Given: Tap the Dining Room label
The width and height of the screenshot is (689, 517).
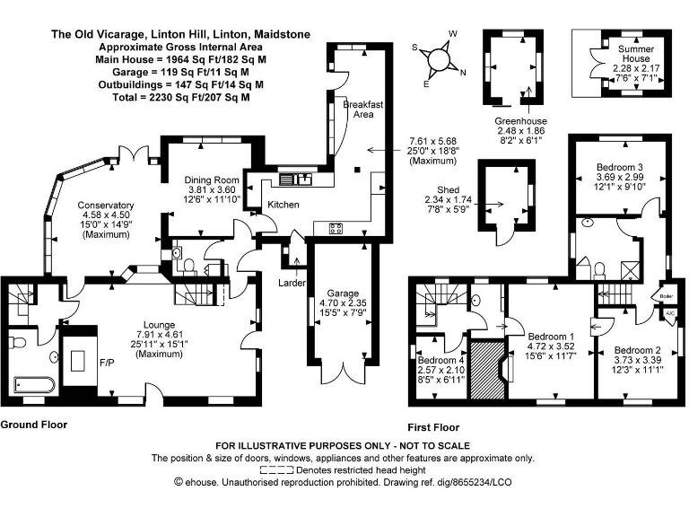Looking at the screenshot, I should point(212,179).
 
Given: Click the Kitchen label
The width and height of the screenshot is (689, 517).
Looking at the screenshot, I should point(283,206).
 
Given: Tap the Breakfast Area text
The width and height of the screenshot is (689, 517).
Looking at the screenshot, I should point(363,110).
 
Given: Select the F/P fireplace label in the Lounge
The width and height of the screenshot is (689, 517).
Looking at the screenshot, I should point(106,364).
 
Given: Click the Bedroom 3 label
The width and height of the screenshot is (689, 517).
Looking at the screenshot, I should point(619,168).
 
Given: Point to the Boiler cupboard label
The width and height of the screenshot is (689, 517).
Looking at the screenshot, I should point(667,295).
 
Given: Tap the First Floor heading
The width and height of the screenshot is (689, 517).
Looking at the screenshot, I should point(432,428).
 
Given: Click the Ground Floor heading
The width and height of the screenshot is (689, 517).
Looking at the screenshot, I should point(33,424).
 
